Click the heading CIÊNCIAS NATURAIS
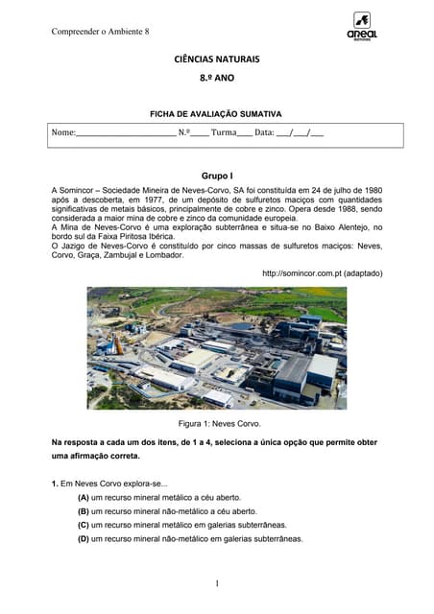216,59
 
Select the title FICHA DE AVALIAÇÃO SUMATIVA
216,114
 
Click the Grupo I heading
216,177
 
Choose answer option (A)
84,499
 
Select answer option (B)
84,512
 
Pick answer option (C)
84,526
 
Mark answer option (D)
84,539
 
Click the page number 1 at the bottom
218,582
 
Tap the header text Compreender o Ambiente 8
100,32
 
